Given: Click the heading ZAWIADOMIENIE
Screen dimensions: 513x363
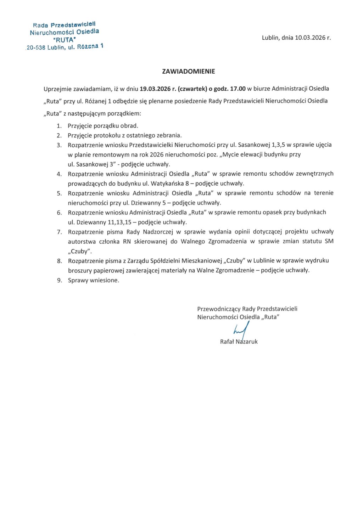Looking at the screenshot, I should (188, 71).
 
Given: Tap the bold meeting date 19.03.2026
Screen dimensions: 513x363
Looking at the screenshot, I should (155, 89).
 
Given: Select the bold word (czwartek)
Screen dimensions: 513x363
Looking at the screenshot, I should (192, 89).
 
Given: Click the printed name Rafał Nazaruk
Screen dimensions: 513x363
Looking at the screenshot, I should (239, 342).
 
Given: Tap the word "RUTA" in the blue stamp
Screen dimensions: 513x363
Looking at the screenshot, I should (64, 40).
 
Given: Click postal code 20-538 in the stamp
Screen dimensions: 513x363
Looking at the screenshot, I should (36, 48).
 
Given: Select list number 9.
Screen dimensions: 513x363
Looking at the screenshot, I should (59, 280).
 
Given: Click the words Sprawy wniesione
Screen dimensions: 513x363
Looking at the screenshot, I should (94, 280).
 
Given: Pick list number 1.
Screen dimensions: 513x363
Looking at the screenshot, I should (59, 126).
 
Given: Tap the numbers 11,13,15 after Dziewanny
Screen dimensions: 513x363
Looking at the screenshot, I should (119, 222).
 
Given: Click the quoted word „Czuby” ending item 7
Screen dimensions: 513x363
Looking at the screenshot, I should (79, 251).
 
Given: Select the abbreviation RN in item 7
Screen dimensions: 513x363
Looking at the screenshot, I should (127, 242).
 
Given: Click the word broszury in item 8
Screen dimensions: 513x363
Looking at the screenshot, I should (80, 270).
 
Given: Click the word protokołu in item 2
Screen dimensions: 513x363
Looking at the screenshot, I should (107, 135).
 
